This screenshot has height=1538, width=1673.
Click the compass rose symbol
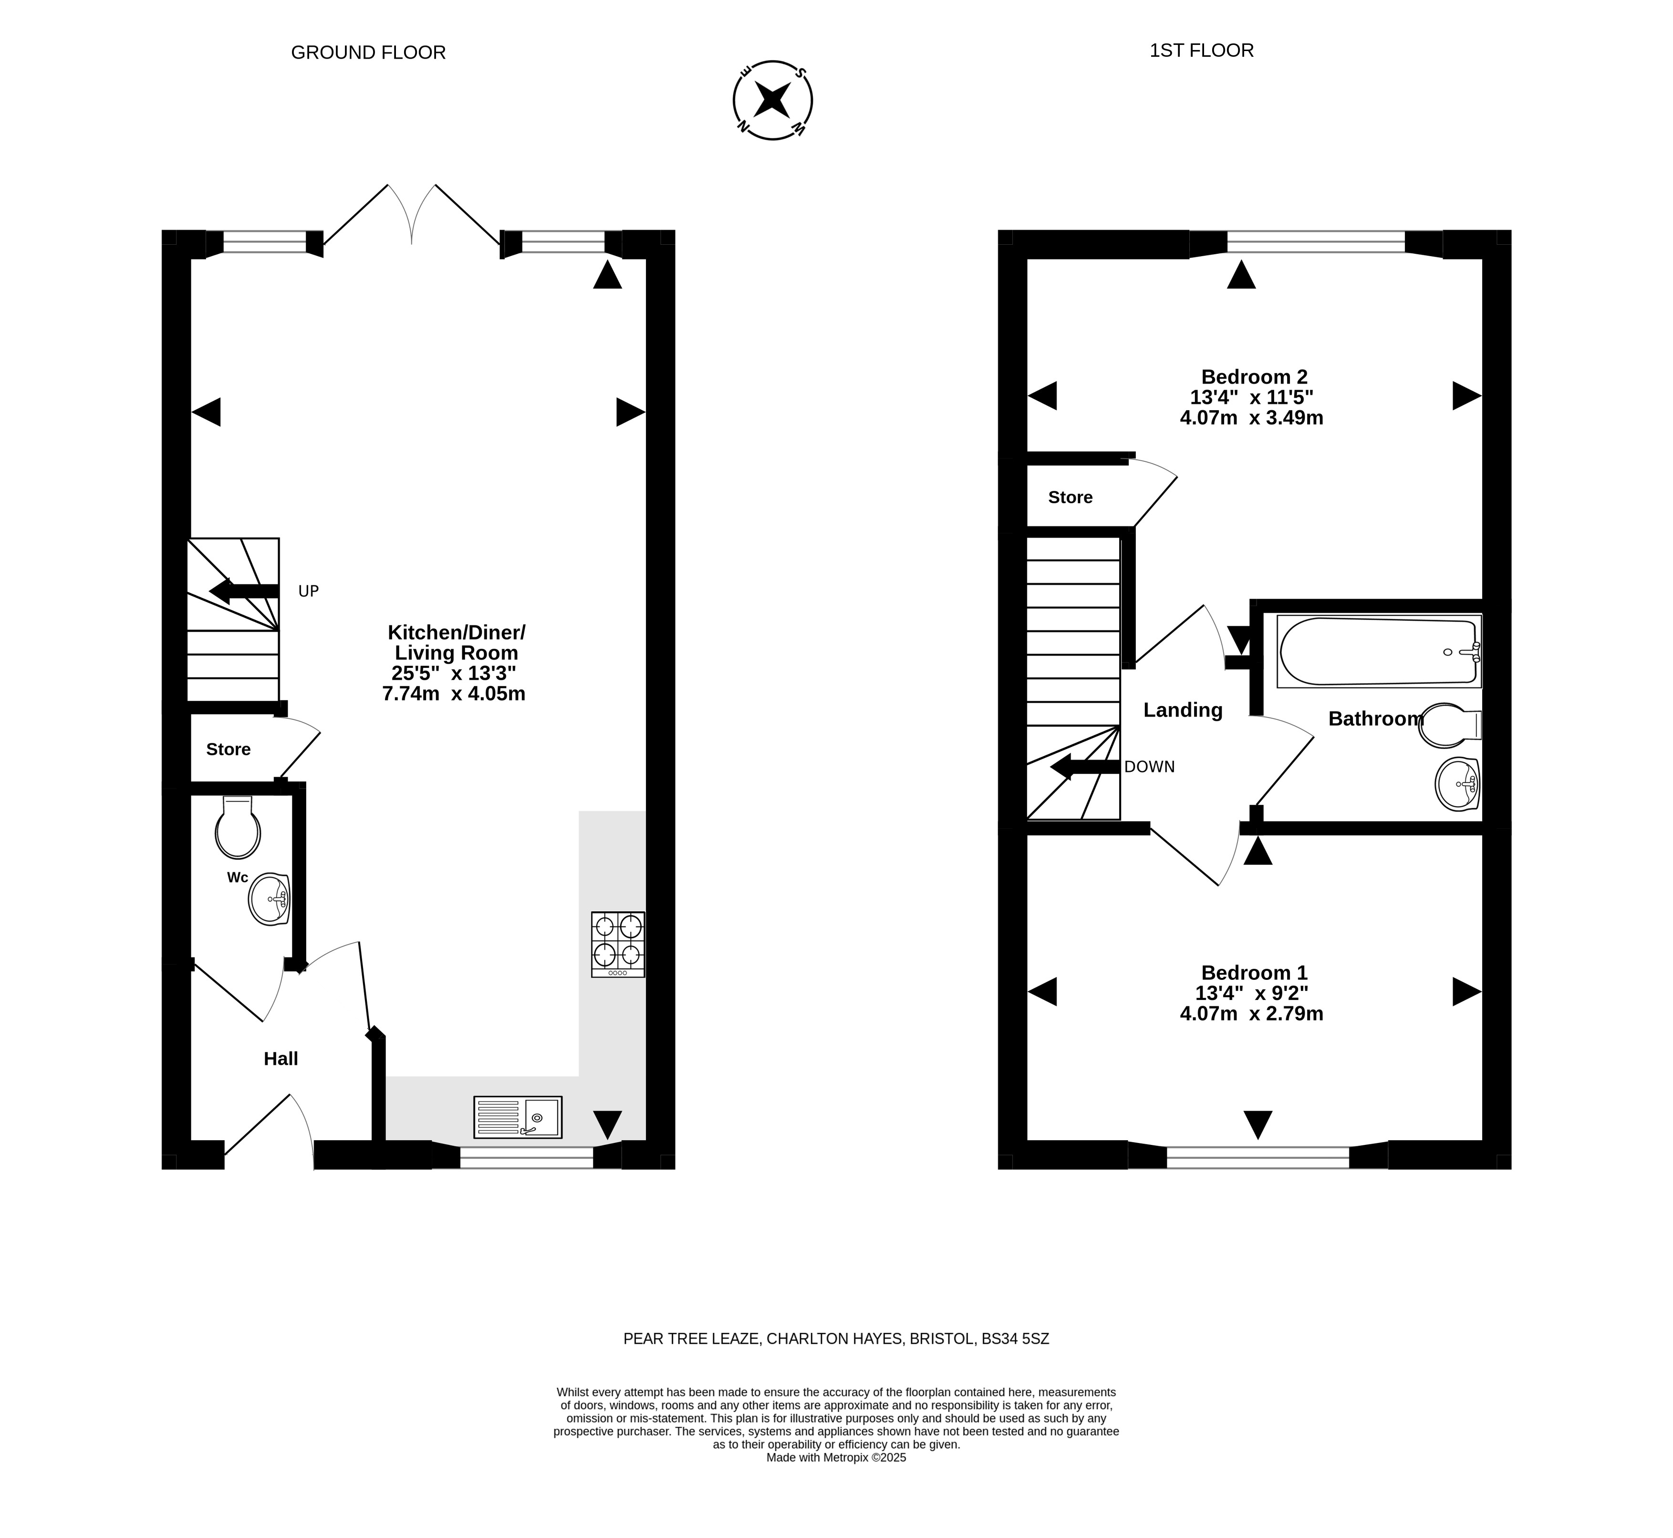pos(772,100)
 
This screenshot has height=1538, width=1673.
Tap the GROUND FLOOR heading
pos(368,52)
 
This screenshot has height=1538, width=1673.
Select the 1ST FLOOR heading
pos(1201,51)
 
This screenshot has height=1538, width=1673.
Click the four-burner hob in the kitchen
pos(618,945)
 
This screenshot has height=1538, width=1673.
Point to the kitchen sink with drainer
pos(518,1117)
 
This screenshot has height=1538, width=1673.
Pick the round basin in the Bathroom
pos(1457,783)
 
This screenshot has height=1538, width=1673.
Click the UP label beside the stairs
pos(309,592)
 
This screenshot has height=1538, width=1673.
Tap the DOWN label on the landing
pos(1150,767)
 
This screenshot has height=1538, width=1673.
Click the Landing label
pos(1183,710)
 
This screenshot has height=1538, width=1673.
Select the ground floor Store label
pos(228,749)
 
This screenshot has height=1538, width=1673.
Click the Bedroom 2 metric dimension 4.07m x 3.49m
pos(1252,418)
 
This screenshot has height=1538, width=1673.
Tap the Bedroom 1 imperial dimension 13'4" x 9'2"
pos(1252,993)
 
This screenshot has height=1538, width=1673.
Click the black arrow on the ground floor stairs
pos(244,592)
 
